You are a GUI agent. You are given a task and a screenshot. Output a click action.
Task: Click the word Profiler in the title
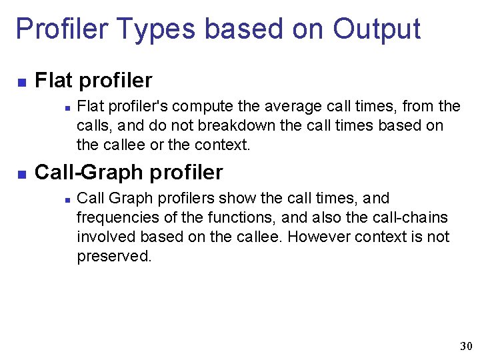coord(57,29)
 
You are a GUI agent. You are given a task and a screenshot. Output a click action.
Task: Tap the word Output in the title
coord(377,29)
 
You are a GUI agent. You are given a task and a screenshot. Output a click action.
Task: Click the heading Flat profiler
coord(93,81)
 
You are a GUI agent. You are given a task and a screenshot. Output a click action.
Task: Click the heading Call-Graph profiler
coord(129,172)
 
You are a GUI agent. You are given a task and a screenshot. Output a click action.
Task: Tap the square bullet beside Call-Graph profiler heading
coord(21,174)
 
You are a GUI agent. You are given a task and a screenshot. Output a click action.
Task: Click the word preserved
coord(114,256)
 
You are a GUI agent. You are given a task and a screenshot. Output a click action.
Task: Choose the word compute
coord(203,106)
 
